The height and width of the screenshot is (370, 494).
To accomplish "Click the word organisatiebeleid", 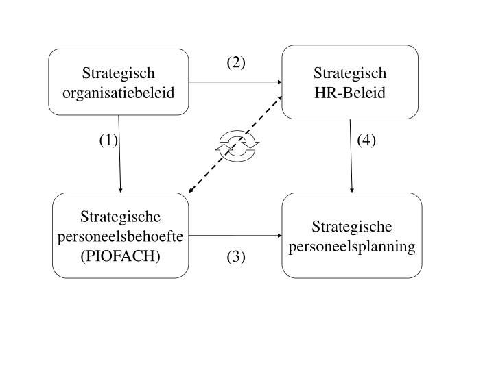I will coord(118,90).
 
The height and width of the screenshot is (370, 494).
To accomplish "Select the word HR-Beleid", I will coord(350,90).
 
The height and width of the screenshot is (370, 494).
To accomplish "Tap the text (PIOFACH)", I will coord(120,256).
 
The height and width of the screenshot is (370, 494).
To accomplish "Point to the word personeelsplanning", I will coord(352,246).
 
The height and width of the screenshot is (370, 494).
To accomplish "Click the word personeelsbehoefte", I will coord(120,236).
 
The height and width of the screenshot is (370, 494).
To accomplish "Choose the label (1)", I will coord(108,140).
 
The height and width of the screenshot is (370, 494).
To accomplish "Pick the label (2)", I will coord(236,63).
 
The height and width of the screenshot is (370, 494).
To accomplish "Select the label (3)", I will coord(236,257).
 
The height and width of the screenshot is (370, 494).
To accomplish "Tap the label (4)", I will coord(366,140).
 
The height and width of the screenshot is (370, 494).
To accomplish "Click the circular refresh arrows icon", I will coord(237,147).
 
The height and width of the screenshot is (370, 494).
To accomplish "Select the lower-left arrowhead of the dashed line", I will coord(192,191).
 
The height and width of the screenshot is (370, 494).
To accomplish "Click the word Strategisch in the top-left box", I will coord(118,73).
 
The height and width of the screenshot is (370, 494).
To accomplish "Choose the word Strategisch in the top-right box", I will coord(350,73).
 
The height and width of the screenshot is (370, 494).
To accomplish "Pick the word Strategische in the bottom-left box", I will coord(120,217).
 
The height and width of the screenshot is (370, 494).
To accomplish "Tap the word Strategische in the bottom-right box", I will coord(352,227).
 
